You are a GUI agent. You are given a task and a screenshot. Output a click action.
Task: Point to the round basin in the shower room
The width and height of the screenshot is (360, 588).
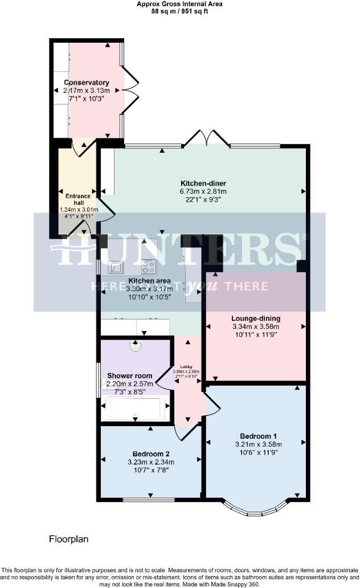(135, 345)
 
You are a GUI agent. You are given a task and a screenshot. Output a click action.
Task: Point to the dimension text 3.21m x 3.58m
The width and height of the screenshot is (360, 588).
(259, 444)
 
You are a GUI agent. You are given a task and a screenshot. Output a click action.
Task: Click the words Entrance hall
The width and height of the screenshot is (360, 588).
(78, 199)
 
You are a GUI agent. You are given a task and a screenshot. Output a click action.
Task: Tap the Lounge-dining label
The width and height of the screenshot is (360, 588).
(256, 318)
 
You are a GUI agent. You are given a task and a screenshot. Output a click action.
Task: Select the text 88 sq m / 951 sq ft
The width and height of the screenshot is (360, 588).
(179, 10)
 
